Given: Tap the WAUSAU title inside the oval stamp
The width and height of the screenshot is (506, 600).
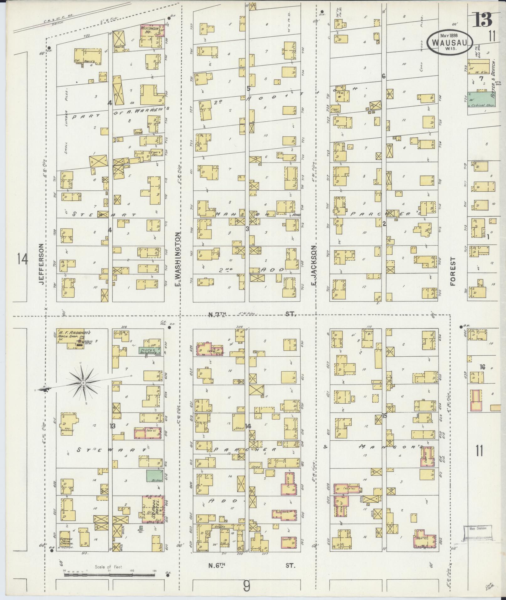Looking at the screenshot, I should coord(450,43).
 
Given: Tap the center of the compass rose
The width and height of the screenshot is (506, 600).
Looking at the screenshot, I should coord(83,383).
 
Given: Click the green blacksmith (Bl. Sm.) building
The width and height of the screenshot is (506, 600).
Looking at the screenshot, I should coord(152,475).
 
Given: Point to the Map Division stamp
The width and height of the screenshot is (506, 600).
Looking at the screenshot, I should coord(477,528).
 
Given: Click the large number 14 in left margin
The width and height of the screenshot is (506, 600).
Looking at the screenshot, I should coord(23,259).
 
